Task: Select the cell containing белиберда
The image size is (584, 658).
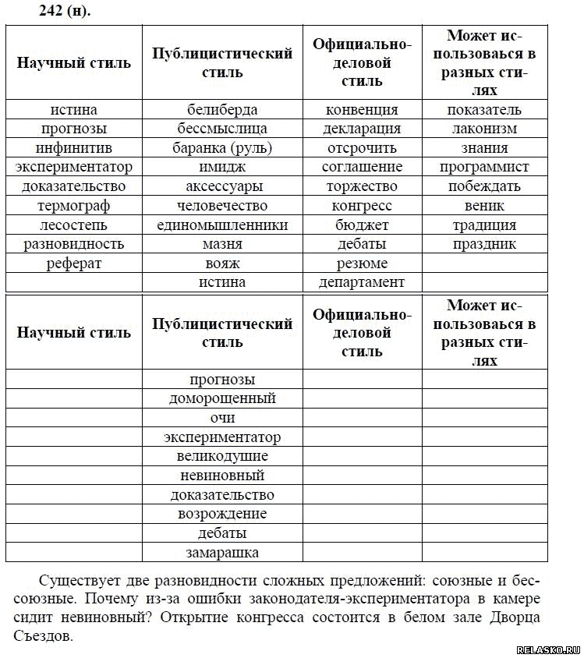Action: (x=222, y=110)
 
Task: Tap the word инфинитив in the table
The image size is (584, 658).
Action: (x=74, y=148)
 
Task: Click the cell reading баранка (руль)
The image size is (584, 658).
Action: (x=222, y=148)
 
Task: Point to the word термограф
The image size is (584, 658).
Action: (x=74, y=206)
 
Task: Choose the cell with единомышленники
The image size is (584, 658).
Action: (x=222, y=225)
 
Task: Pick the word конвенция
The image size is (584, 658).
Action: (x=362, y=110)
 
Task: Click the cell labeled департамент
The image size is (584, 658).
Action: (x=362, y=282)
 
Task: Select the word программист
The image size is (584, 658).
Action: (x=484, y=167)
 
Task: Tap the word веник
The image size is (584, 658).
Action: (x=484, y=206)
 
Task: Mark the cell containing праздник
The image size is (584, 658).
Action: (x=484, y=244)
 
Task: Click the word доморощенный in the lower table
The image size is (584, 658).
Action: (x=222, y=398)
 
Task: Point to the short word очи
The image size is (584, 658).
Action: (x=222, y=418)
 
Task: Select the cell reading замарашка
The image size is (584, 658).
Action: (x=222, y=553)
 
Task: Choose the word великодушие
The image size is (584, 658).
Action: (x=222, y=456)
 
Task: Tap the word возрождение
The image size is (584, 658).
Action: (x=222, y=514)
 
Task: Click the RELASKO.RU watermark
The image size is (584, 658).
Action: (x=548, y=649)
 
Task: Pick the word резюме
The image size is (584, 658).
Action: (x=362, y=264)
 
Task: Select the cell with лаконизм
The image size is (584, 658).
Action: (x=484, y=129)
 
